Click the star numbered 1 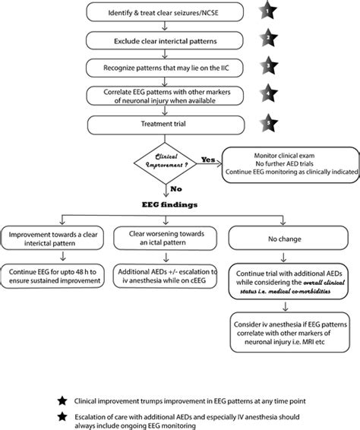(269, 11)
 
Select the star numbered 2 (269, 38)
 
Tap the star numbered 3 (269, 66)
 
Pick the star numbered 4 (269, 94)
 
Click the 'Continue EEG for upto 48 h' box (55, 277)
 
